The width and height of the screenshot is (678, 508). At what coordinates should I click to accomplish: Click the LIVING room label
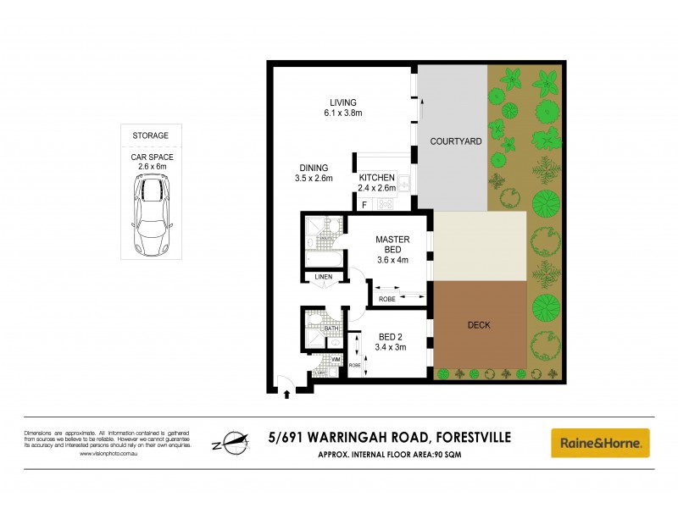(x=343, y=102)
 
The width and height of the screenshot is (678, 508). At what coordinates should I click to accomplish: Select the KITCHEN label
(x=377, y=177)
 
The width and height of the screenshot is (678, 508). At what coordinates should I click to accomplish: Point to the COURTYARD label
(x=455, y=141)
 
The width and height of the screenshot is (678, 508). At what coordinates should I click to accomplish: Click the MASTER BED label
(x=392, y=245)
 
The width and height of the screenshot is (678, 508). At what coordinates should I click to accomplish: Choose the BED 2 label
(x=392, y=335)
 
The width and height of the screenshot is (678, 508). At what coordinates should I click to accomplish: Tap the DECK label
(x=479, y=324)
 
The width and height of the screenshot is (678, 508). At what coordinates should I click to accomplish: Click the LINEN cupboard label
(x=323, y=277)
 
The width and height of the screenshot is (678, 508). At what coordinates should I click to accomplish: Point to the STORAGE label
(x=150, y=135)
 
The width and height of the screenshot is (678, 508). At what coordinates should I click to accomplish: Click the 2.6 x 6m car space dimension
(x=150, y=167)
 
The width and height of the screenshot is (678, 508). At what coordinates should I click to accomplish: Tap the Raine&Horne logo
(x=600, y=442)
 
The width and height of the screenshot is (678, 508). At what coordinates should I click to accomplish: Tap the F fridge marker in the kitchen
(x=364, y=204)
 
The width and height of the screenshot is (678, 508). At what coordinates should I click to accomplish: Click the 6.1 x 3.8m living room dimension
(x=343, y=113)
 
